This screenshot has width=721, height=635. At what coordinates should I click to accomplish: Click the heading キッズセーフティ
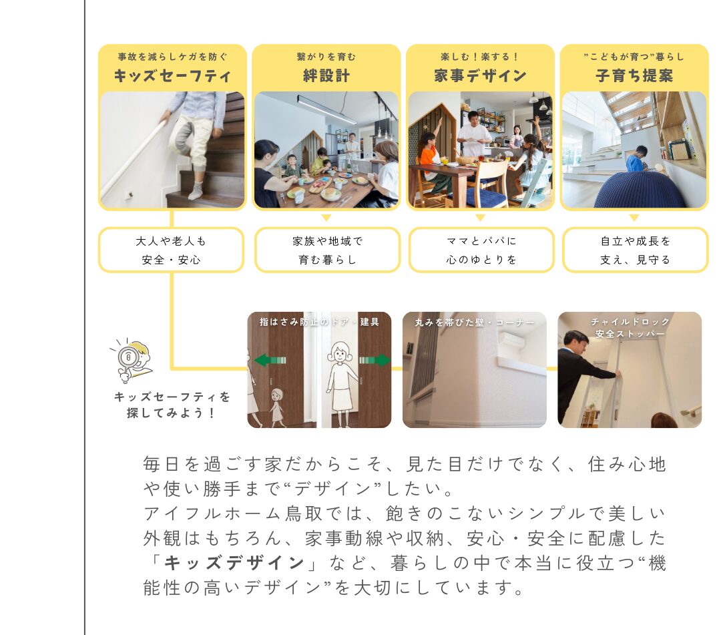click(172, 76)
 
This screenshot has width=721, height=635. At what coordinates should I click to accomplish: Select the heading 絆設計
click(326, 76)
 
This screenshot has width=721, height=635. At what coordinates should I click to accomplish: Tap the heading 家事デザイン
click(480, 76)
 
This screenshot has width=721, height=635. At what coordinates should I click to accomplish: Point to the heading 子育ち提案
click(634, 76)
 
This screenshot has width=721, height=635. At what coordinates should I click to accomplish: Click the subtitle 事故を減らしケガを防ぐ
click(172, 57)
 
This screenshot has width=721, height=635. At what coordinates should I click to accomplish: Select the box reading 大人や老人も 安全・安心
click(171, 250)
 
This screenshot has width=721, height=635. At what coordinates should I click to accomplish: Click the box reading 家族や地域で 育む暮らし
click(327, 250)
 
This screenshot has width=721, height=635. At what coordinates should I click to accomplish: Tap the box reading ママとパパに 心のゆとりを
click(481, 250)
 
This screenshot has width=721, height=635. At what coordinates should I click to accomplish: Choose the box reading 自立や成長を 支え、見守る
click(635, 250)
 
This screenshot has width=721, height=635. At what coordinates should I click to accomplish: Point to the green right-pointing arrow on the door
click(375, 360)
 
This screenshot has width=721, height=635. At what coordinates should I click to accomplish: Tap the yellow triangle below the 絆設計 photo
click(326, 218)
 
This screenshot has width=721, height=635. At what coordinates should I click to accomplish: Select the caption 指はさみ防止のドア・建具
click(319, 322)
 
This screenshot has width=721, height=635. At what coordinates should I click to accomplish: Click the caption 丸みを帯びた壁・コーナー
click(474, 323)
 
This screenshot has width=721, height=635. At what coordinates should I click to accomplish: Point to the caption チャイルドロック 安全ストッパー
click(630, 327)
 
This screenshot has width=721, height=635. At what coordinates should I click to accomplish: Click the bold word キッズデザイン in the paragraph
click(234, 563)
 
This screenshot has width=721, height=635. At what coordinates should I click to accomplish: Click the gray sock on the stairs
click(196, 190)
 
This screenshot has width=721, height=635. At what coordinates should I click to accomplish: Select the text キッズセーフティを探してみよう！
click(172, 405)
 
